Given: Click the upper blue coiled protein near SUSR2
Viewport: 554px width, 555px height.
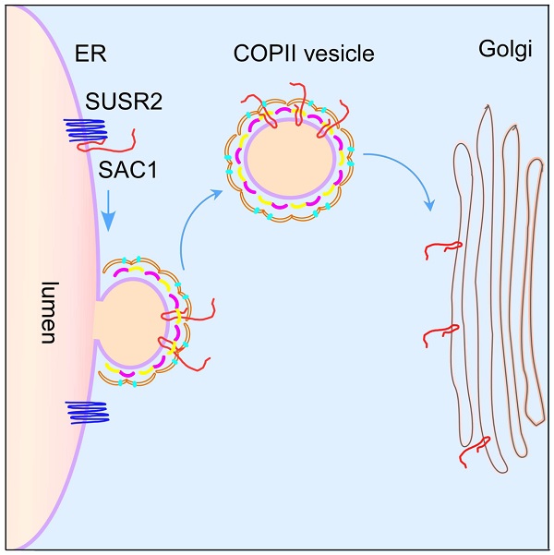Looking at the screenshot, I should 85,134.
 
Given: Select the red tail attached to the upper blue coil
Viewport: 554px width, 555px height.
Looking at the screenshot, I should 138,140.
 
